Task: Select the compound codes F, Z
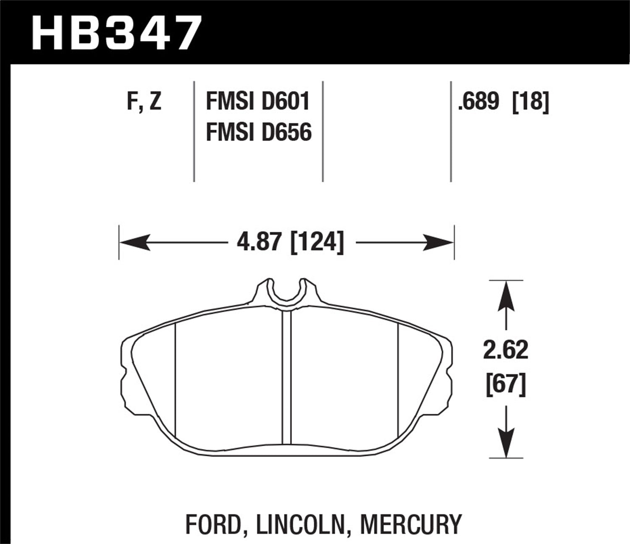click(144, 102)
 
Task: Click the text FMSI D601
click(258, 102)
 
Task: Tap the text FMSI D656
click(259, 133)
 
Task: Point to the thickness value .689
click(478, 102)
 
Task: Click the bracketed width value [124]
click(317, 242)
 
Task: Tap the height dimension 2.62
click(506, 350)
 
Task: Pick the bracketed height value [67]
click(506, 384)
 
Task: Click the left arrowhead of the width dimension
click(134, 242)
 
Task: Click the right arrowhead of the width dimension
click(439, 242)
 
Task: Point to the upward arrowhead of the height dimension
click(506, 296)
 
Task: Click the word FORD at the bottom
click(213, 524)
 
